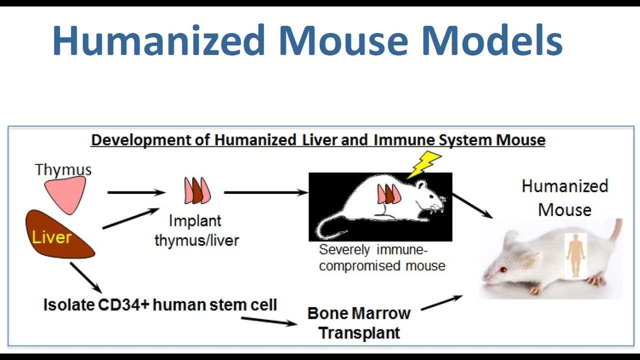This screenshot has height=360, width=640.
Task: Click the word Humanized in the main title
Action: [159, 40]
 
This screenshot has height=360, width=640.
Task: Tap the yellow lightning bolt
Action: [423, 165]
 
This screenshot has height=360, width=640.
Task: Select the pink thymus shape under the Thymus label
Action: [65, 194]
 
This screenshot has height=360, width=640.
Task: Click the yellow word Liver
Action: [51, 237]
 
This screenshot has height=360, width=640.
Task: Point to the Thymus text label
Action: [63, 169]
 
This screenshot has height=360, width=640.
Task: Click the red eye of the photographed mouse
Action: [503, 269]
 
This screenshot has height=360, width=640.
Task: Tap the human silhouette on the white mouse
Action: [575, 255]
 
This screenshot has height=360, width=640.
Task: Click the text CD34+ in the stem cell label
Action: [123, 304]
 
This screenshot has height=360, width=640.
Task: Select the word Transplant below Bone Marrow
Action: [359, 332]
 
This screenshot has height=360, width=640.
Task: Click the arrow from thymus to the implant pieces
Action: [136, 192]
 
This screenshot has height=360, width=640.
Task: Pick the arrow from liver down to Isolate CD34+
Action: [85, 277]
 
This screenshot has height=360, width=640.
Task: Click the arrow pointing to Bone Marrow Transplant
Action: [269, 321]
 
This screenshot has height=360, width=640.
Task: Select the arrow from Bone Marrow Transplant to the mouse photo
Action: [441, 303]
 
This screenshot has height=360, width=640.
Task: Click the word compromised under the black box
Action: [360, 265]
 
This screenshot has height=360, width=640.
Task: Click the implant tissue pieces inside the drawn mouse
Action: [389, 194]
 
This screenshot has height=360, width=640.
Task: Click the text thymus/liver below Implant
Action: [196, 240]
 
